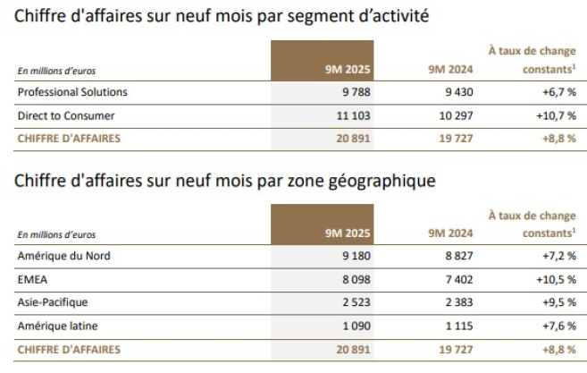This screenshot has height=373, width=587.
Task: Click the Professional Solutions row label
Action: [72, 92]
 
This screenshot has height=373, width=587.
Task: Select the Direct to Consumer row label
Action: [66, 115]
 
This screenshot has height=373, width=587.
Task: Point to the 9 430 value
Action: [454, 92]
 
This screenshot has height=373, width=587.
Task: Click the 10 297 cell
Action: [451, 115]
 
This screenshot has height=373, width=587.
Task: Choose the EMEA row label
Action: [32, 279]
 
